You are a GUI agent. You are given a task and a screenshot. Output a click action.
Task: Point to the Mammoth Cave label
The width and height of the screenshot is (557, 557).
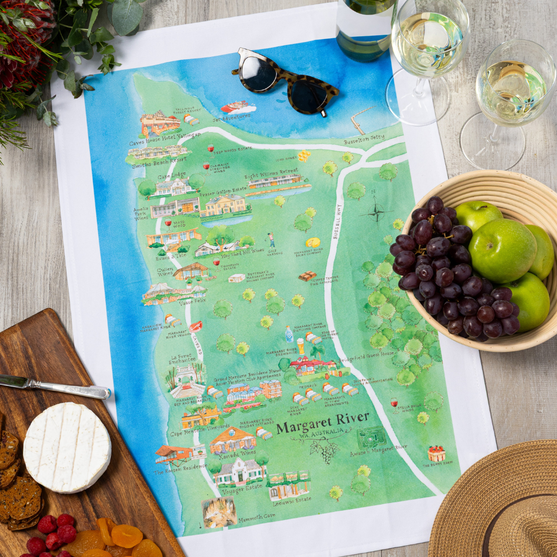[257, 516]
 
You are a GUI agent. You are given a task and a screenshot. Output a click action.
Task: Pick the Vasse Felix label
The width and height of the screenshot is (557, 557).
[193, 303]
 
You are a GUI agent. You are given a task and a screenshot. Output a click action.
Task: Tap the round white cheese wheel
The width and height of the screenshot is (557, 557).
[67, 447]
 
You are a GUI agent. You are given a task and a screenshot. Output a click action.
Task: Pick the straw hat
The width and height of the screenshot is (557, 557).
[501, 501]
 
